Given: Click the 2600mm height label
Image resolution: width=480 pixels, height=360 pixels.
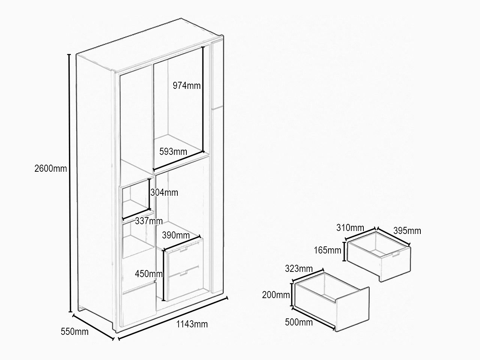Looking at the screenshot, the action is [x=51, y=168].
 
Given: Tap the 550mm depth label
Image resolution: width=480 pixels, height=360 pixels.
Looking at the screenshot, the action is [x=75, y=331].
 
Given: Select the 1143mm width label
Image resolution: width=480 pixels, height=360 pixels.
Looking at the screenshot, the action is [x=192, y=324].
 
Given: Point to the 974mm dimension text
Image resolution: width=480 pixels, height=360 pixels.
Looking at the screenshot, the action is [x=186, y=85].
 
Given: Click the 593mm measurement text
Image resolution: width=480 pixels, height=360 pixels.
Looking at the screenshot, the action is [x=173, y=151].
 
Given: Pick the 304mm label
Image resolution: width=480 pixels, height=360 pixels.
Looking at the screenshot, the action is [x=164, y=192].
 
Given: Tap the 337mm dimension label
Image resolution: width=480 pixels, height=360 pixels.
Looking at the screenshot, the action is [x=149, y=221].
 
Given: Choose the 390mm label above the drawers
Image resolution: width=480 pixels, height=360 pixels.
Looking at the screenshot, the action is [x=176, y=235].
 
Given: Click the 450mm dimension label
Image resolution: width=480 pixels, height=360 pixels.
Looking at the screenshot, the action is [x=149, y=274].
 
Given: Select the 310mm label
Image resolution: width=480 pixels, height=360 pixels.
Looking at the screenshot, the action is [x=350, y=228].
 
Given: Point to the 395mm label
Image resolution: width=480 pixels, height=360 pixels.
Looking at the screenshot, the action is [x=407, y=231].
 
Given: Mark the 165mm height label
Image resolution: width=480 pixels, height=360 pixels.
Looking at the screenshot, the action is [x=328, y=250].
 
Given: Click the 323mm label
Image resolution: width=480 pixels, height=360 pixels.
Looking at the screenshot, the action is [x=299, y=268].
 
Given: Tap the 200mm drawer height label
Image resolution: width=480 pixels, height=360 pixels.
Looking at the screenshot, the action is [x=276, y=295].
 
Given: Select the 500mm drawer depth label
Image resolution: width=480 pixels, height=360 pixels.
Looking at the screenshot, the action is [x=299, y=322].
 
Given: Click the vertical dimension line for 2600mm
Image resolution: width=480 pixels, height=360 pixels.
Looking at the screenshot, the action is [x=70, y=183].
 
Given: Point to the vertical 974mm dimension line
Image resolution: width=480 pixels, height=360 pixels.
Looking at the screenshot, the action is [x=203, y=99].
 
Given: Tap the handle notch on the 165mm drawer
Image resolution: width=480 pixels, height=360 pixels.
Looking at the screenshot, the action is [x=395, y=254].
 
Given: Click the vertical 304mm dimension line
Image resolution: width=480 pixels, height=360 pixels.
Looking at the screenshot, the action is [x=149, y=194].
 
